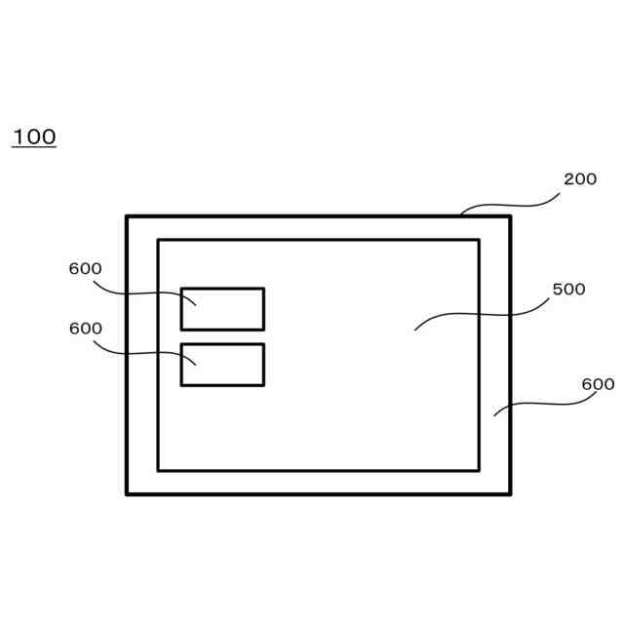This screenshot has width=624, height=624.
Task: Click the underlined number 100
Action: pos(34,136)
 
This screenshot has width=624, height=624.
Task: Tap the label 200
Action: pos(580,179)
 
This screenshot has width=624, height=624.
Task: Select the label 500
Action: pos(568,290)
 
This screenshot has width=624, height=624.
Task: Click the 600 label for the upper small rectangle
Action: pos(86,269)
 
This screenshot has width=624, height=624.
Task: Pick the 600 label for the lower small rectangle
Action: pos(86,329)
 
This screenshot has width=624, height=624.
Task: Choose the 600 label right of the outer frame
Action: pos(598,384)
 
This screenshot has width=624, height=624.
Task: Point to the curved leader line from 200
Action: pos(512,204)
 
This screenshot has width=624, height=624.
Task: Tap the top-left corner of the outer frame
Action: pos(128,216)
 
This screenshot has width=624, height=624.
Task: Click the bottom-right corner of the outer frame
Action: pos(509,493)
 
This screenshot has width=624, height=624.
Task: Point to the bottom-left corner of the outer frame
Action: pos(128,493)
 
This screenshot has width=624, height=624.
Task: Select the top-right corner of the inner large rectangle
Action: pos(478,240)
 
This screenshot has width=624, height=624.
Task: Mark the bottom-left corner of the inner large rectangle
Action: pos(159,470)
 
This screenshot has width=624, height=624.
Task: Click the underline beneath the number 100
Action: pos(34,147)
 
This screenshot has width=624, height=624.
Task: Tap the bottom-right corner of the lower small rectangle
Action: pos(263,384)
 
